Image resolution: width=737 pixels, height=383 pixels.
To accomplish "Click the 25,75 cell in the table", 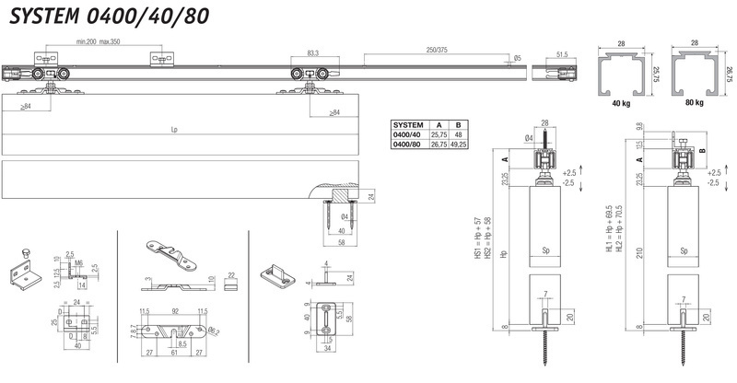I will (x=438, y=134).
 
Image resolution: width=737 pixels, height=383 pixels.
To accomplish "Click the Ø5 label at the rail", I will (x=518, y=59).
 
